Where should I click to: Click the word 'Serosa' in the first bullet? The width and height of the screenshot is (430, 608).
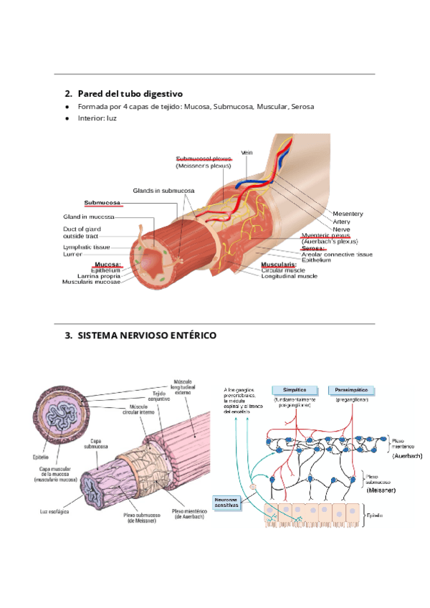coord(302,107)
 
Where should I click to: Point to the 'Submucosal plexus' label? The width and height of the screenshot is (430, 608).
coord(204,158)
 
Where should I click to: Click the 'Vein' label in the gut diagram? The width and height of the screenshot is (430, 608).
coord(247,152)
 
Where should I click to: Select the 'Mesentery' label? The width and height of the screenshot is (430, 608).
coord(348,214)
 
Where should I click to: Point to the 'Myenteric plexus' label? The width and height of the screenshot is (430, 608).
coord(326,235)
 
